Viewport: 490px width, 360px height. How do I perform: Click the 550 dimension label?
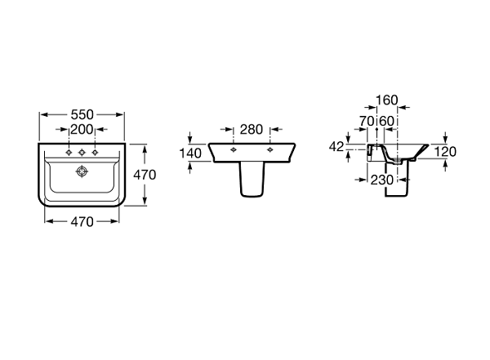pyautogui.click(x=81, y=115)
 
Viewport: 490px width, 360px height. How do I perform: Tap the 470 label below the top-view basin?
pyautogui.click(x=81, y=220)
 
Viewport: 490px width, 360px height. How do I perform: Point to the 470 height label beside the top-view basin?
pyautogui.click(x=145, y=175)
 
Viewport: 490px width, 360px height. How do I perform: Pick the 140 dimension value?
pyautogui.click(x=191, y=153)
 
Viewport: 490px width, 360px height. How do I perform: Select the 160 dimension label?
pyautogui.click(x=387, y=101)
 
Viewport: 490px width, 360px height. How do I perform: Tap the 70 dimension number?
pyautogui.click(x=367, y=122)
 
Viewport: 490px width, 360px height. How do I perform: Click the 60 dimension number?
pyautogui.click(x=387, y=122)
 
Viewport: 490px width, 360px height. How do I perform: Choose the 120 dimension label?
pyautogui.click(x=445, y=152)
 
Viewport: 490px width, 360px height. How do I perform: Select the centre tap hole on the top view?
pyautogui.click(x=82, y=152)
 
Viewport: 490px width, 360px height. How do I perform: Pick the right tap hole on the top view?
pyautogui.click(x=96, y=152)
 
